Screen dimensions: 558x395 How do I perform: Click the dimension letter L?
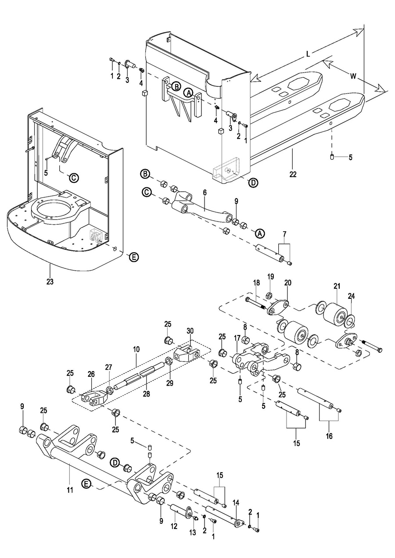click(x=308, y=54)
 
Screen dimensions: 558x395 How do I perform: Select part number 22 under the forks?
click(x=293, y=174)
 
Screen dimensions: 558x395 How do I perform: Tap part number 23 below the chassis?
click(x=50, y=281)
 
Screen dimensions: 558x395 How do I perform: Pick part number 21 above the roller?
click(x=337, y=286)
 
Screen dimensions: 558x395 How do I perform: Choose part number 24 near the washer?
click(x=351, y=296)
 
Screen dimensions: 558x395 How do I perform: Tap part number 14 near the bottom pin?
click(x=236, y=502)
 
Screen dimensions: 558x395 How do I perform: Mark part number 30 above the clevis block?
click(x=190, y=330)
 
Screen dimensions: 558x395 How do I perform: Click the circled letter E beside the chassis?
click(x=133, y=258)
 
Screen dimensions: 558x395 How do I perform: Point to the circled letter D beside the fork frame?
click(x=253, y=183)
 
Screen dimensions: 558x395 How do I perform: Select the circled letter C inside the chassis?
click(x=74, y=177)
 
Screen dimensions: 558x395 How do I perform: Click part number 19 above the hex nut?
click(x=271, y=276)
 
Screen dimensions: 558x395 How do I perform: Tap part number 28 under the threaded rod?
click(x=147, y=393)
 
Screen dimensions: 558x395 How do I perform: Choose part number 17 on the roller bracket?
click(x=237, y=338)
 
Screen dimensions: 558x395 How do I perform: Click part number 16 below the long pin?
click(x=330, y=436)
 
